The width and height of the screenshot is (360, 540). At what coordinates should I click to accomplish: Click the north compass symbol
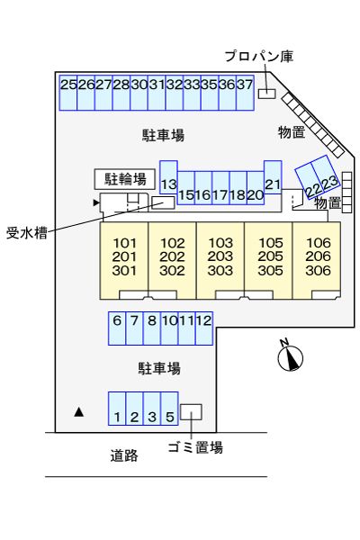[289, 357]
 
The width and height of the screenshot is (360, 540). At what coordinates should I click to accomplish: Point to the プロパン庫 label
[259, 57]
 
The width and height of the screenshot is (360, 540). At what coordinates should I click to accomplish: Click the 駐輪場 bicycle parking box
[125, 178]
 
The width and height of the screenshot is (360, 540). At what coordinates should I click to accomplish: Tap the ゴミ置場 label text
[195, 446]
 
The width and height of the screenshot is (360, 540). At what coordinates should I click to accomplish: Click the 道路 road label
[124, 456]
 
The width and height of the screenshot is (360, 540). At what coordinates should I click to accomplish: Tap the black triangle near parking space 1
[79, 412]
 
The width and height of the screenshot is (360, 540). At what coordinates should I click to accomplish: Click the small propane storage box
[266, 93]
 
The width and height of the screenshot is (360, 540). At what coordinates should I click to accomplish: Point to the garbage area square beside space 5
[191, 411]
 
